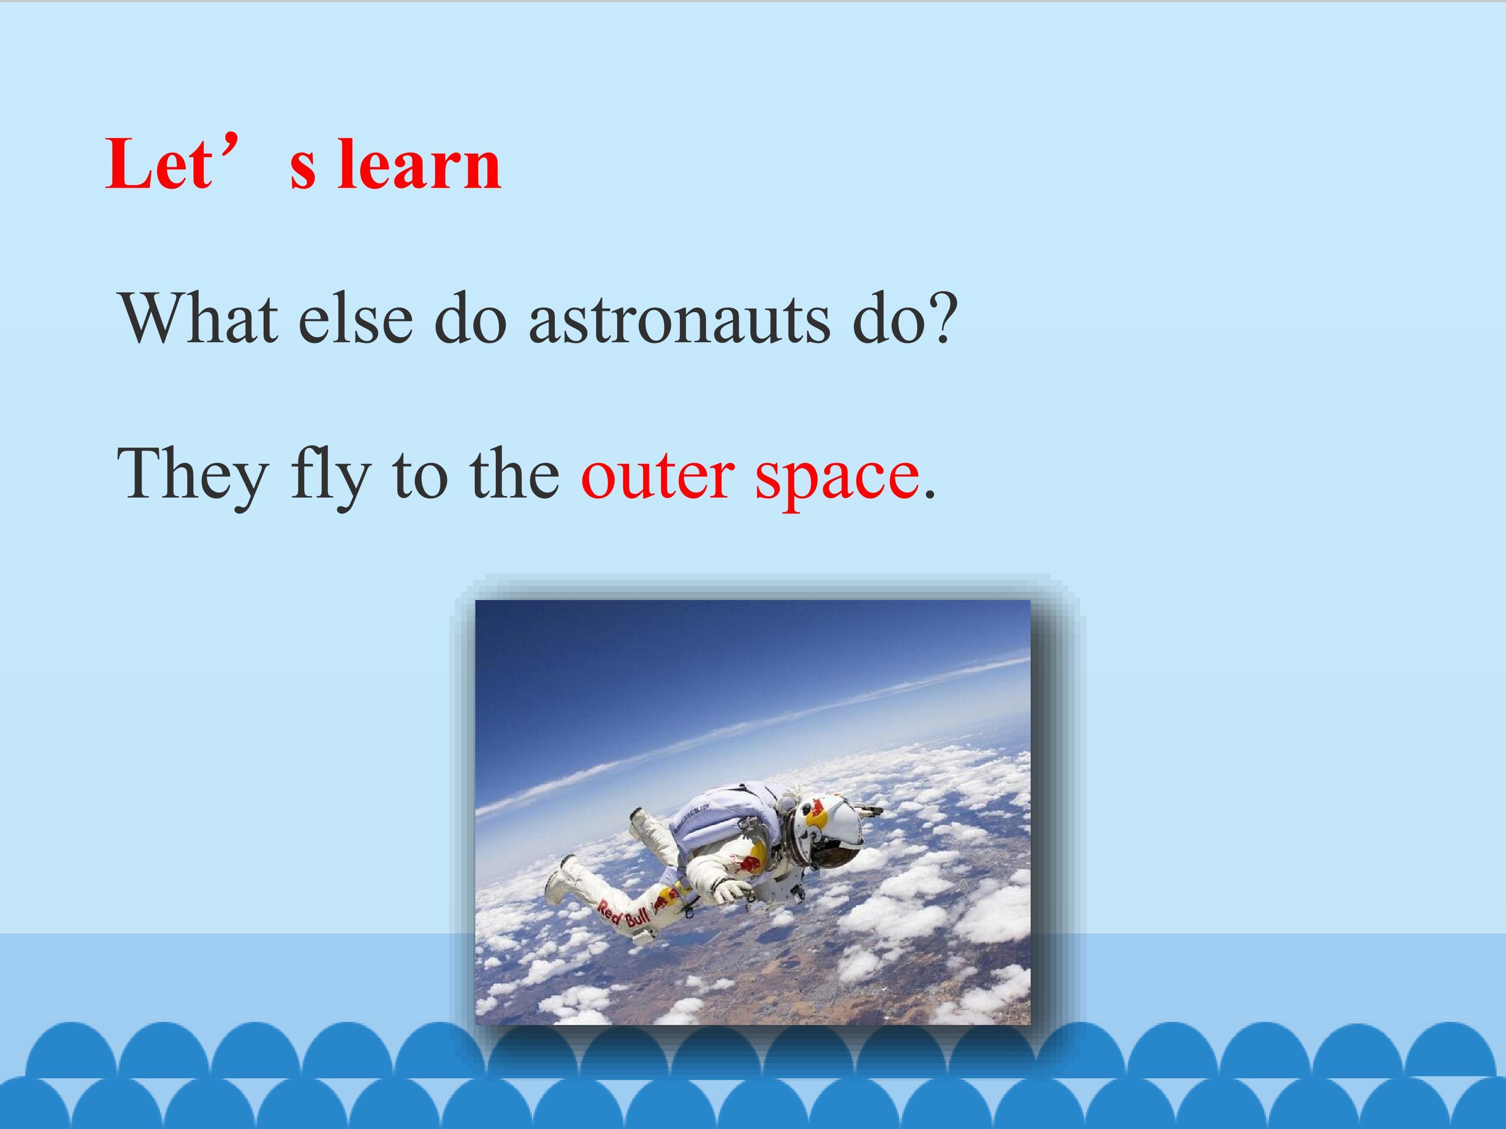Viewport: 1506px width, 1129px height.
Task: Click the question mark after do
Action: click(940, 317)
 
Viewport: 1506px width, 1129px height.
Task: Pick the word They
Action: click(192, 476)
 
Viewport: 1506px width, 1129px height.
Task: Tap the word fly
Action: click(330, 476)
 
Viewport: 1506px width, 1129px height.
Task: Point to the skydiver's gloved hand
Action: click(731, 890)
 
